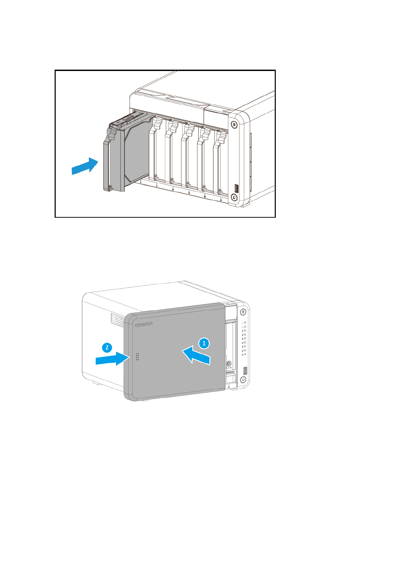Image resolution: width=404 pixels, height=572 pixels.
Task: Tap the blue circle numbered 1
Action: (204, 343)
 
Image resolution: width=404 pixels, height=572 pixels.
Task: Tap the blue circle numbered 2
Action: (107, 347)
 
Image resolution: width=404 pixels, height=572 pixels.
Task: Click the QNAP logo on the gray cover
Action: (144, 325)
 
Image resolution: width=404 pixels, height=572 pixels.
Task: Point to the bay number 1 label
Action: (140, 183)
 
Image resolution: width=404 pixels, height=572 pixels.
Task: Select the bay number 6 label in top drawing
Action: (221, 200)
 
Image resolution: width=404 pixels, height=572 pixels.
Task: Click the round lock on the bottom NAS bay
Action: (229, 363)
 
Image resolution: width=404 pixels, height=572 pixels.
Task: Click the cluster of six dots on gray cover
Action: (137, 356)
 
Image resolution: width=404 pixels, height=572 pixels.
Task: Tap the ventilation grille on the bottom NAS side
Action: (117, 320)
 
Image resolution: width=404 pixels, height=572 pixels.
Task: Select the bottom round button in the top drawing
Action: (234, 197)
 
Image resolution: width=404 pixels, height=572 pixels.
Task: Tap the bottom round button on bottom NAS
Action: (243, 379)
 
